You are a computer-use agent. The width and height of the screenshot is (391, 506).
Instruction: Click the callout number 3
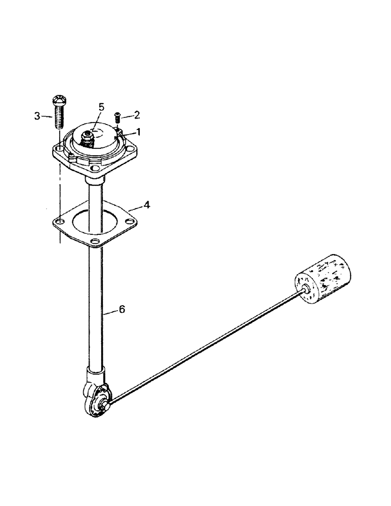pos(36,116)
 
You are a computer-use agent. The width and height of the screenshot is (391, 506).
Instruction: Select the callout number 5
pos(101,107)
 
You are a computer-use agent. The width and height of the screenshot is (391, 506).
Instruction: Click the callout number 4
pos(146,205)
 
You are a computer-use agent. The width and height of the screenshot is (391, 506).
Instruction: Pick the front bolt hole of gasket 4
pos(95,240)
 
